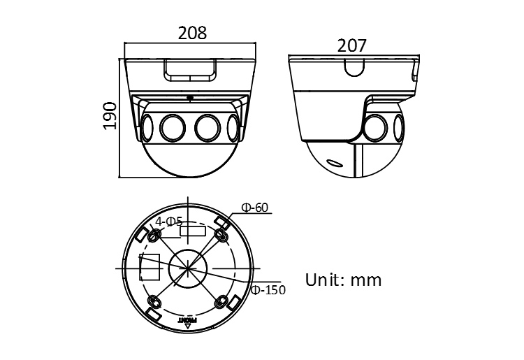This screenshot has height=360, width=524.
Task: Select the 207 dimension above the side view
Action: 352,45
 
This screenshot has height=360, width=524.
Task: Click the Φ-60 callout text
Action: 255,208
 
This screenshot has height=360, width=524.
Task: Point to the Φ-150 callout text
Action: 268,289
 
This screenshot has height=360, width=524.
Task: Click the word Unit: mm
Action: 344,280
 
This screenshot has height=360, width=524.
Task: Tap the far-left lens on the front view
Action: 147,127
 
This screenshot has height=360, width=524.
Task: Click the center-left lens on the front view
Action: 171,127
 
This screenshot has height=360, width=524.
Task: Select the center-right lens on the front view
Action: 207,127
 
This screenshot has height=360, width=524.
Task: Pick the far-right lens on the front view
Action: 231,127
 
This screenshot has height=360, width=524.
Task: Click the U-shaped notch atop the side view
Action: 353,66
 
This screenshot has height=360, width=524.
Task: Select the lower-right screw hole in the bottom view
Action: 222,301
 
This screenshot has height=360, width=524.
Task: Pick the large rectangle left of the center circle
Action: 150,267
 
